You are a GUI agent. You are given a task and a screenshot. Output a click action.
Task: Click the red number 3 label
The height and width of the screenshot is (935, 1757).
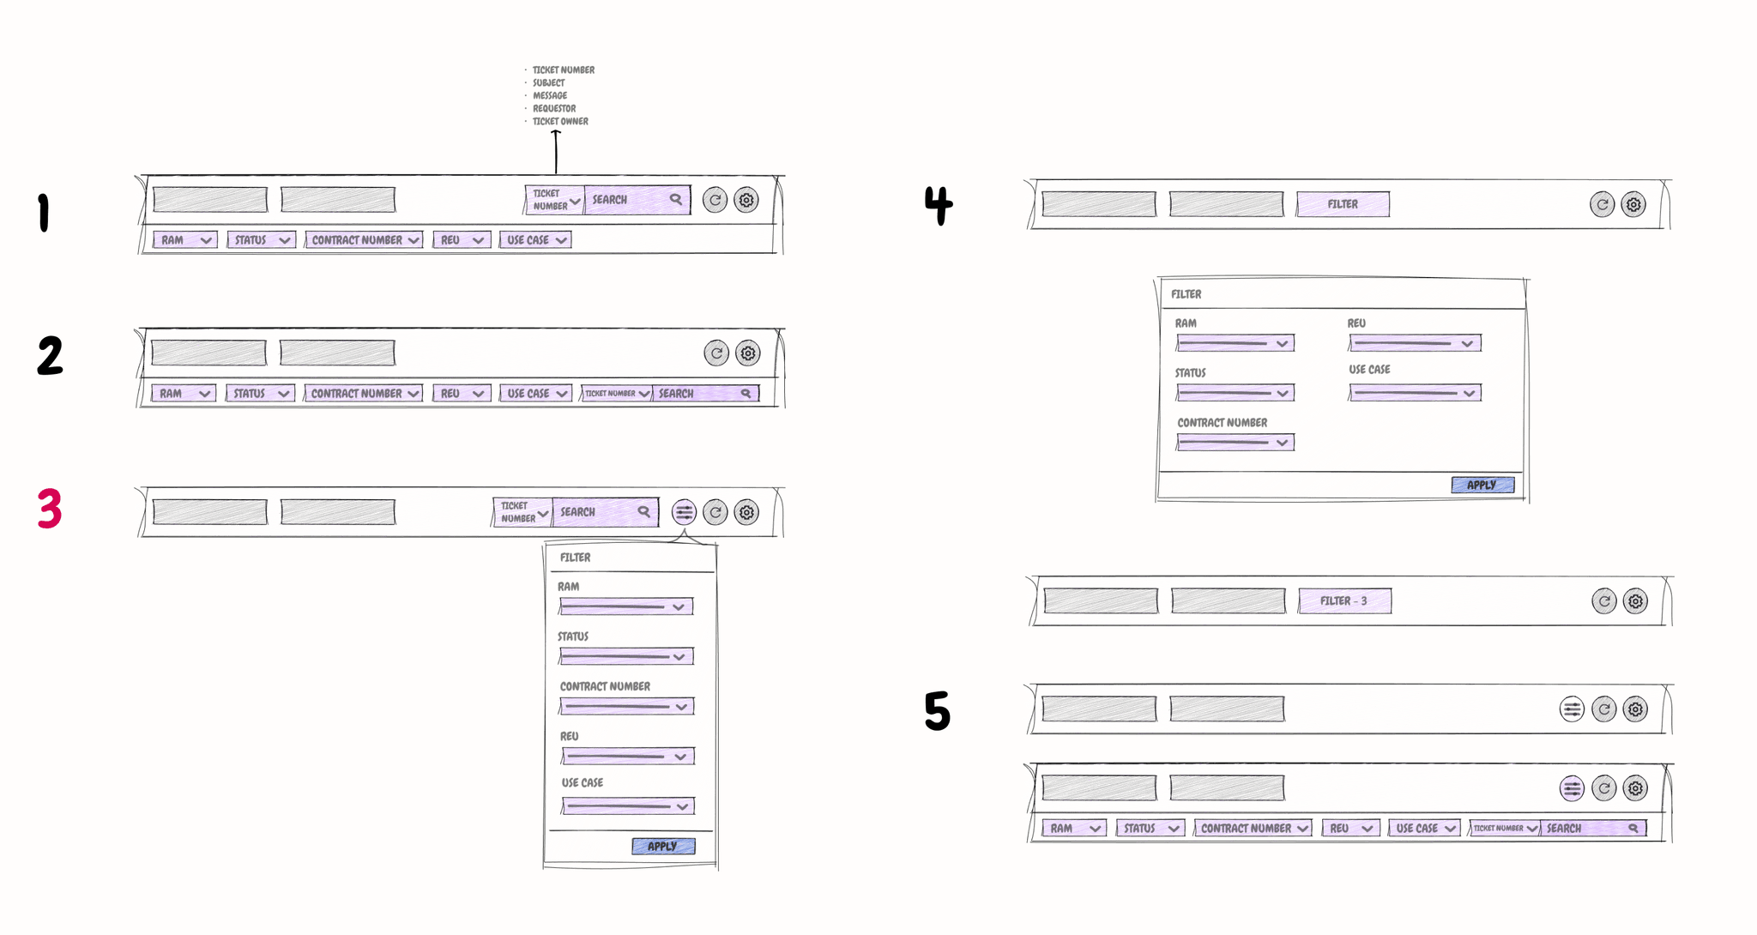[x=50, y=509]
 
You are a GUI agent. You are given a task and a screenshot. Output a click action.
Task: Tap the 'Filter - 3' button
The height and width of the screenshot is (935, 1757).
[x=1344, y=601]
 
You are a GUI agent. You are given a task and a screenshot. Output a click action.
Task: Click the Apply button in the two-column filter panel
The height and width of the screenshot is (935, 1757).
[x=1482, y=485]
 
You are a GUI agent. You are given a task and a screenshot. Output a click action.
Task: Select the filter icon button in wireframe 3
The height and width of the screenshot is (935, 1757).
[x=684, y=513]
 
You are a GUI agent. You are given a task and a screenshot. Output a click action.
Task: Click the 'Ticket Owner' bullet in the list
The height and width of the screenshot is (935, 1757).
[x=560, y=122]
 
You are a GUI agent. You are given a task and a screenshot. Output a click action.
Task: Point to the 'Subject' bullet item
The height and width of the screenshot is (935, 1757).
[x=548, y=83]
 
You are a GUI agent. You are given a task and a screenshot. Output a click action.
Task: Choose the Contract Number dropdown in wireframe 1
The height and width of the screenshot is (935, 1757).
[x=364, y=240]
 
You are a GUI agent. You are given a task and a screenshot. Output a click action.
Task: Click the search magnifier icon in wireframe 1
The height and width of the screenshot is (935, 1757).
[x=676, y=199]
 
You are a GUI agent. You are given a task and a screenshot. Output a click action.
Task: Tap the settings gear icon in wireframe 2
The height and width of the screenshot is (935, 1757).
[x=748, y=353]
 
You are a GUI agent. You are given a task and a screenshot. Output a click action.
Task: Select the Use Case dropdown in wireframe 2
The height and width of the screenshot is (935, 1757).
[x=535, y=394]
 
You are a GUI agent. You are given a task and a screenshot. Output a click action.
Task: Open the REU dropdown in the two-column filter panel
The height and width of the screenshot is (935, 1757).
[x=1414, y=343]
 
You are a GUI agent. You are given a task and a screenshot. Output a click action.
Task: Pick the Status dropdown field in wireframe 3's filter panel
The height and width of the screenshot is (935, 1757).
[x=625, y=657]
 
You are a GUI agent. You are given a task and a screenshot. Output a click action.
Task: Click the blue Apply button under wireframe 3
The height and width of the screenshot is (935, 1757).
[x=662, y=846]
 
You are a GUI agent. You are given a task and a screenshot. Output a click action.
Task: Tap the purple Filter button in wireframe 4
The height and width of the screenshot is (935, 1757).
[x=1343, y=204]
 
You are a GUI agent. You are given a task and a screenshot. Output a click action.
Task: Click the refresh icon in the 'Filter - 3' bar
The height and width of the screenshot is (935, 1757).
[x=1603, y=601]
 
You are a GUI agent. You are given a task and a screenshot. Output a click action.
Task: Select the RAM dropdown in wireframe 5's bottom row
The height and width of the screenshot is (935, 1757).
[x=1072, y=829]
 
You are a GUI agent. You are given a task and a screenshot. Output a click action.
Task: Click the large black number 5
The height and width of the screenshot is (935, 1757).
[x=937, y=711]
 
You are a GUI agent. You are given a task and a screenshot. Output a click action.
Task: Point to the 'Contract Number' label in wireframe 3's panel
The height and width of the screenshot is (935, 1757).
[x=605, y=686]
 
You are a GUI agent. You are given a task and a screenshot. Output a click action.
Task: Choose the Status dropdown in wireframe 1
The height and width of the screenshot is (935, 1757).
[x=261, y=240]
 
